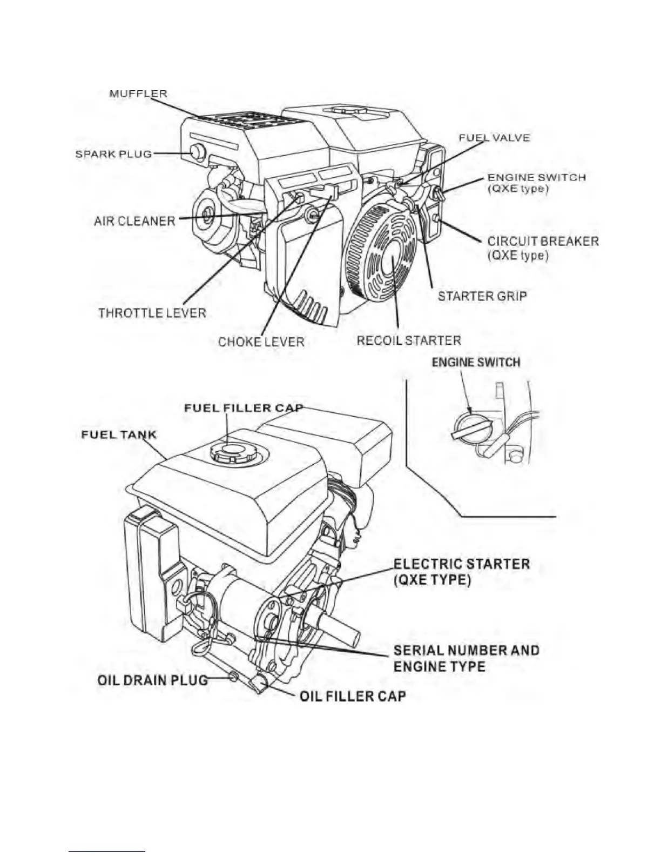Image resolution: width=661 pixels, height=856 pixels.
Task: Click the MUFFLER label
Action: pyautogui.click(x=138, y=93)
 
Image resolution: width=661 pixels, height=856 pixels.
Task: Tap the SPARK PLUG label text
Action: pyautogui.click(x=113, y=154)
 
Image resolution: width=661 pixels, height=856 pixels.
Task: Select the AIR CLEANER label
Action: pyautogui.click(x=134, y=221)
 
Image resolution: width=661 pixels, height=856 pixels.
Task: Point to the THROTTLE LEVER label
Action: pyautogui.click(x=152, y=313)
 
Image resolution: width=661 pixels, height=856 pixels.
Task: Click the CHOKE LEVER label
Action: pyautogui.click(x=261, y=342)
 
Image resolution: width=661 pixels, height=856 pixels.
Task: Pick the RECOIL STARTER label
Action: pyautogui.click(x=409, y=340)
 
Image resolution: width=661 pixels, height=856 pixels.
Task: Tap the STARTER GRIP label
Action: pyautogui.click(x=482, y=296)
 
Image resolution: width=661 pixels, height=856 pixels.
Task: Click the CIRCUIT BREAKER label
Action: pyautogui.click(x=543, y=242)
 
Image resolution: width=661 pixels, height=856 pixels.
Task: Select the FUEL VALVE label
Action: pyautogui.click(x=494, y=138)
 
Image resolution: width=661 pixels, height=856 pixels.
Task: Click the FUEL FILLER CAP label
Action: pyautogui.click(x=244, y=407)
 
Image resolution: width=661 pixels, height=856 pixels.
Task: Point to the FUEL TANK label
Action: pyautogui.click(x=119, y=434)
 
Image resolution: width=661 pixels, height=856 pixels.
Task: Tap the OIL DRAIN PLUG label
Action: pyautogui.click(x=152, y=680)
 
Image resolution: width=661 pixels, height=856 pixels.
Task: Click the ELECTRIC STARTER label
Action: pyautogui.click(x=461, y=565)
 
